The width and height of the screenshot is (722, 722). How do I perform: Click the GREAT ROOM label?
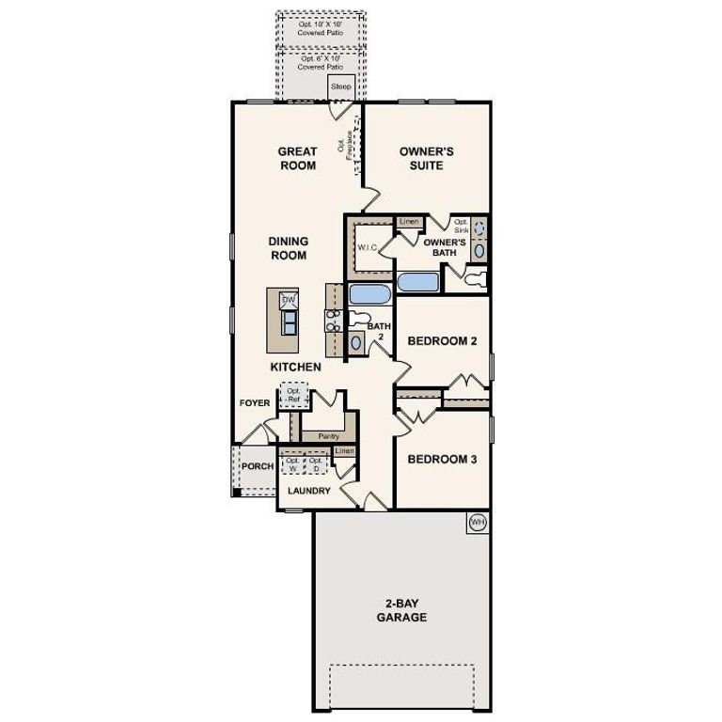297,158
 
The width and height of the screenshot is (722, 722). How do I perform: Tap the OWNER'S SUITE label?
420,158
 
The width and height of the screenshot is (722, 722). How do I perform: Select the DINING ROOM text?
289,248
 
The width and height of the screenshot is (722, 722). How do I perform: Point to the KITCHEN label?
296,367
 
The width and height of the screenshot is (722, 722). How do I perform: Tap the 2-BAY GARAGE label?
401,611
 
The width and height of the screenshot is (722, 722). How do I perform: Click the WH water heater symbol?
478,522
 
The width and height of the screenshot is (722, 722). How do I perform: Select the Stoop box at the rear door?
340,87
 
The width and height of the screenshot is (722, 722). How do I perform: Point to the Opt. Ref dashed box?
293,395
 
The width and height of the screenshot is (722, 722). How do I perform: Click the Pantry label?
328,436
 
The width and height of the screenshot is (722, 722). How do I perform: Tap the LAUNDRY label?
309,491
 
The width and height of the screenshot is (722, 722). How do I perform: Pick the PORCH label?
258,466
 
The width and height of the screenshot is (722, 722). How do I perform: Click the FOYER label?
255,403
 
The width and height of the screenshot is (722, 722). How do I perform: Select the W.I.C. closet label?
367,247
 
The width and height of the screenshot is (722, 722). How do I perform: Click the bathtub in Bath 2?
369,294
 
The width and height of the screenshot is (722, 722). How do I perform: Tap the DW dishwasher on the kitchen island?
290,299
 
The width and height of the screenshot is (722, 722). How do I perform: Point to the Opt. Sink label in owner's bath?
461,226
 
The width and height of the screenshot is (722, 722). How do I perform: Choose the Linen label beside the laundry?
345,451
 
